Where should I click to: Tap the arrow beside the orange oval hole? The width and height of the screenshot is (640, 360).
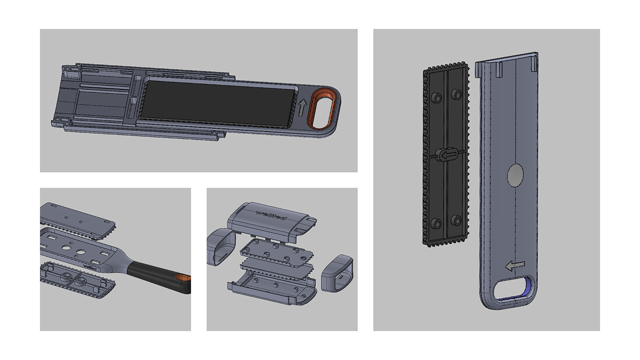click(x=302, y=108)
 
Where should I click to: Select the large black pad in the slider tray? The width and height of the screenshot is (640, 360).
click(x=220, y=102)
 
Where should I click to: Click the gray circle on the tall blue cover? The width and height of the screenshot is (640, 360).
click(x=515, y=175)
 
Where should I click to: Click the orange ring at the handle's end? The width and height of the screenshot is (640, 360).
click(x=183, y=279)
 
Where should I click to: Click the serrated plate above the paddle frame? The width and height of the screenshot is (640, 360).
click(x=78, y=220)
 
